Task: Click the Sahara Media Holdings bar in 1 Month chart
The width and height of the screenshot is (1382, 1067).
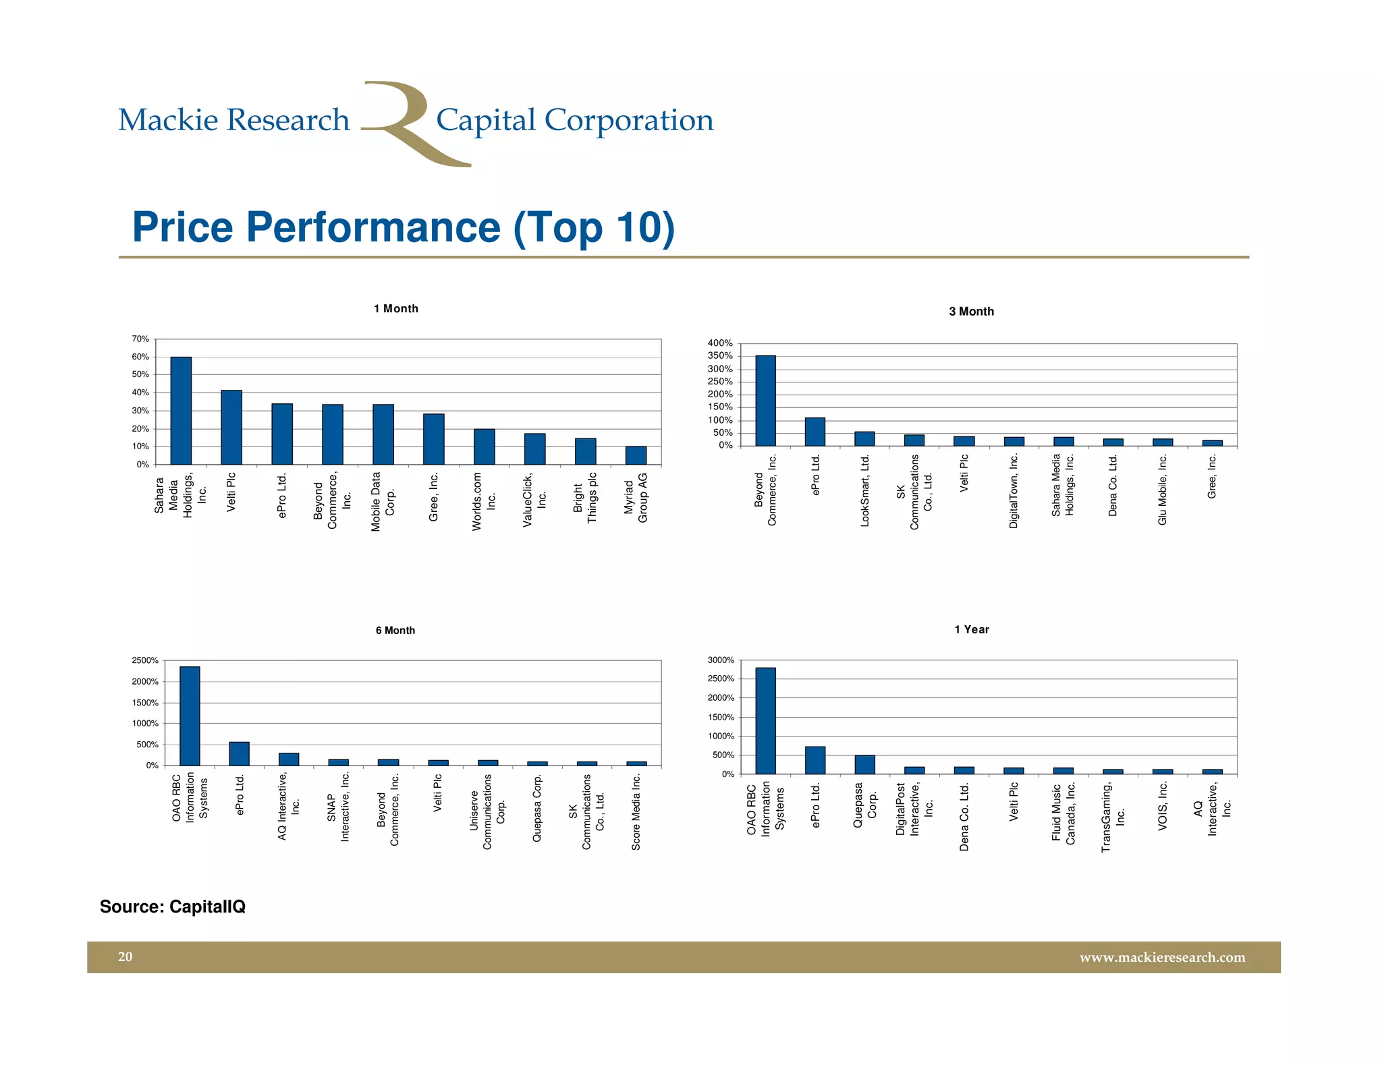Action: (x=181, y=411)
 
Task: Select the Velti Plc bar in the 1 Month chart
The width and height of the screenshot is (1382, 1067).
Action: (x=231, y=428)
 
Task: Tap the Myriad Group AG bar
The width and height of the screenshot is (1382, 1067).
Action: (x=636, y=455)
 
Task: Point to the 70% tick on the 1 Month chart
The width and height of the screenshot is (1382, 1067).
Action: (x=140, y=339)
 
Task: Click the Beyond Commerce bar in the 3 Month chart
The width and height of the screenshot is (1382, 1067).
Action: (x=765, y=401)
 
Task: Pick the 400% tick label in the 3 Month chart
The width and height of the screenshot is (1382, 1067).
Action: (x=720, y=344)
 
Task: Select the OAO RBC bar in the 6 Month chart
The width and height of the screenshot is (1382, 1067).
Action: (x=190, y=716)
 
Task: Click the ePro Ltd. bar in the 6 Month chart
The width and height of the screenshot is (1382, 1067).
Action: (x=240, y=754)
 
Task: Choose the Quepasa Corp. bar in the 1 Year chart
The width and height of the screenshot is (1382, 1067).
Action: (x=864, y=765)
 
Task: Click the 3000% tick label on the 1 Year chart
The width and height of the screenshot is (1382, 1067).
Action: (x=721, y=660)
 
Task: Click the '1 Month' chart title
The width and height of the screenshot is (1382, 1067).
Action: (x=396, y=309)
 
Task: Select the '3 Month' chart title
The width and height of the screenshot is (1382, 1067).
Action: (x=971, y=312)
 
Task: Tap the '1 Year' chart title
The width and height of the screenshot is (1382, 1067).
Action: (x=972, y=629)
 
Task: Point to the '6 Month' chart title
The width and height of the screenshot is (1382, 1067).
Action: (x=395, y=631)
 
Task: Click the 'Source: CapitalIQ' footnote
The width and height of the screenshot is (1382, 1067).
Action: (x=173, y=906)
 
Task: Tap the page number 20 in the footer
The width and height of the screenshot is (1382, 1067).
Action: (x=126, y=957)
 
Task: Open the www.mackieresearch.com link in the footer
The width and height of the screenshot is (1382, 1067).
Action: (x=1162, y=958)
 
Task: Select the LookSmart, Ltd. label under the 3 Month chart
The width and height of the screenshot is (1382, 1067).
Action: (x=865, y=491)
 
